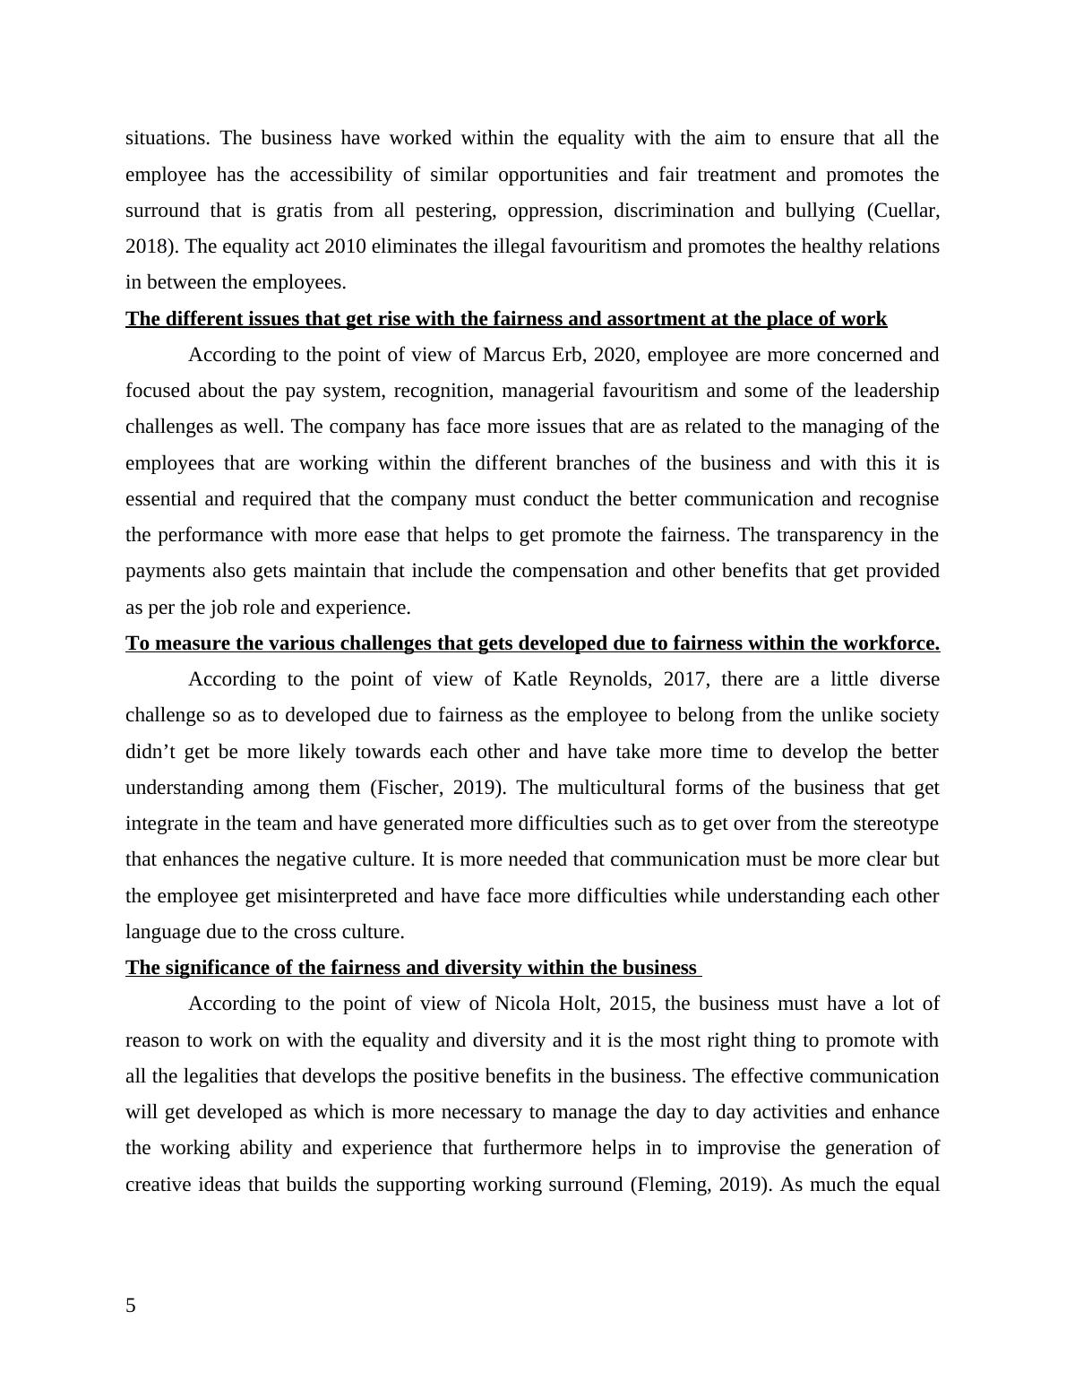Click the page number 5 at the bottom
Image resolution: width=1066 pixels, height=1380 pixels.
[131, 1306]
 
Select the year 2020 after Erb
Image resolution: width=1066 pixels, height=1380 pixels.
[615, 355]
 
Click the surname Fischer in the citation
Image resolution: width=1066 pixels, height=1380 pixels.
[410, 788]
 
